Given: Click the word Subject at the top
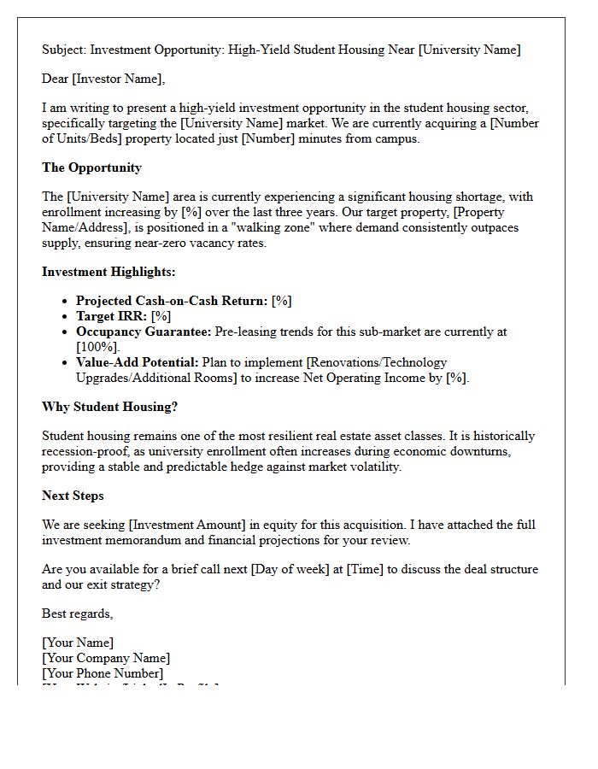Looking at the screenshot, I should (63, 50).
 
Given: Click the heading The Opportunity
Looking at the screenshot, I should (91, 167).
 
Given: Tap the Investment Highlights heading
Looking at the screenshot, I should (108, 272).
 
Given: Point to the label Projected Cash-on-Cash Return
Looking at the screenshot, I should (171, 301).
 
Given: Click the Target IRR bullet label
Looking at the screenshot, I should (111, 316).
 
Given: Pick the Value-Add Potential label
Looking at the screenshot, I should (137, 362).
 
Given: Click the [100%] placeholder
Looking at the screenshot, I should (97, 347).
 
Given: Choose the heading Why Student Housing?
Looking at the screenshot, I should (109, 407).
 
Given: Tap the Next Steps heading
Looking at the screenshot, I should (73, 496).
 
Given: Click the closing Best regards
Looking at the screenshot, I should (78, 613).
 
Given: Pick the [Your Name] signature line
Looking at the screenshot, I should (78, 643).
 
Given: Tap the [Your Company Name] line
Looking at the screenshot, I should (106, 658).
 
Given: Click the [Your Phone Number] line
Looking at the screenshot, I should (103, 673).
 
